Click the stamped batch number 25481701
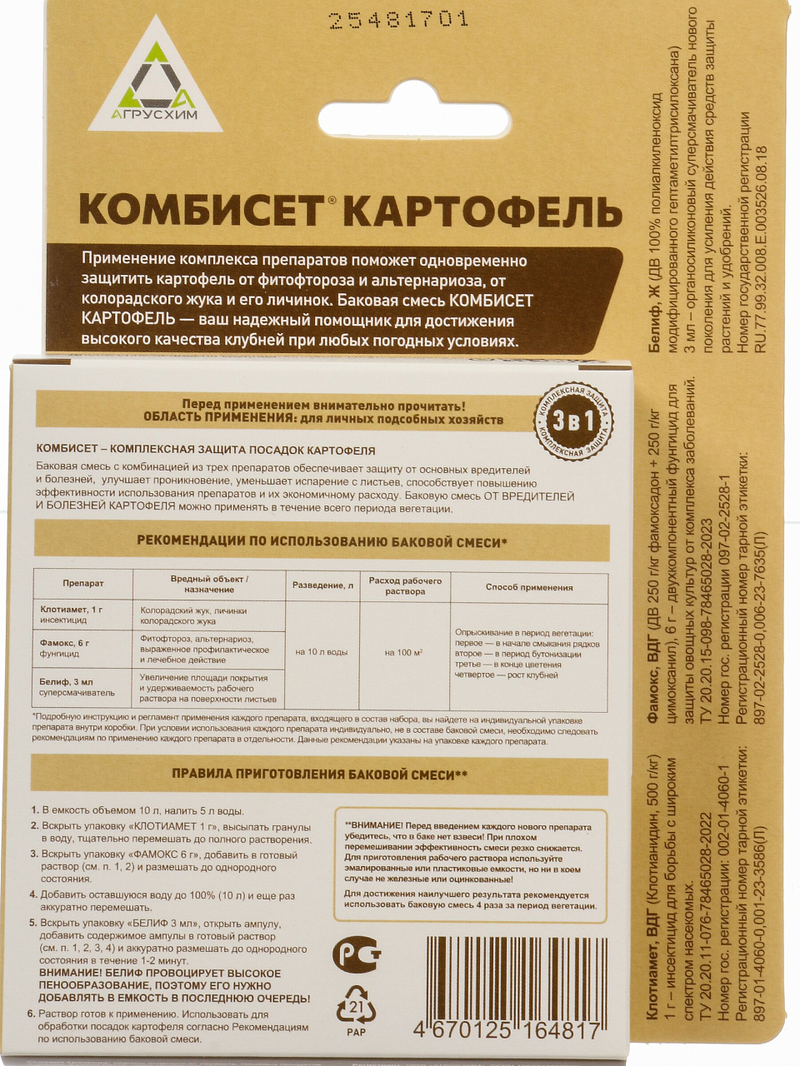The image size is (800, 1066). [x=399, y=20]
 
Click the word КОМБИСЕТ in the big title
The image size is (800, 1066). [x=201, y=209]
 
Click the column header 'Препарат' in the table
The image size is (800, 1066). [x=83, y=584]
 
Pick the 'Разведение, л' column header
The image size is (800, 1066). [x=322, y=585]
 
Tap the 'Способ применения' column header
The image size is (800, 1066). [x=529, y=587]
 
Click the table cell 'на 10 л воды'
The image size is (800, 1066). [x=322, y=652]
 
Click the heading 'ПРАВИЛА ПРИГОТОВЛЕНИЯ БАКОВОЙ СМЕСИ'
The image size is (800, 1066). [x=319, y=774]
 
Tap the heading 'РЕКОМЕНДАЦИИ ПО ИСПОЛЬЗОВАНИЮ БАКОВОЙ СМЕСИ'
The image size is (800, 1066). [x=322, y=541]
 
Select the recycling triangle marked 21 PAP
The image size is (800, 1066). [x=356, y=1009]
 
